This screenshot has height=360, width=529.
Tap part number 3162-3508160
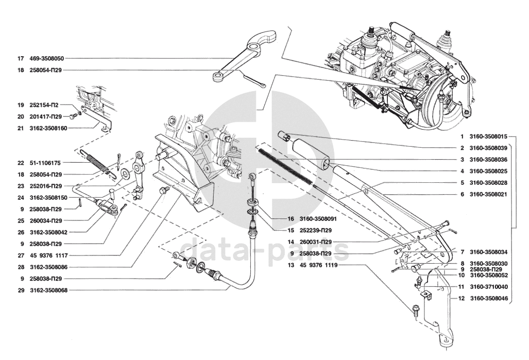(x=46, y=128)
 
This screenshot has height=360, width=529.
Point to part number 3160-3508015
(x=489, y=137)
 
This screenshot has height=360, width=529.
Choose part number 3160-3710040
(x=489, y=286)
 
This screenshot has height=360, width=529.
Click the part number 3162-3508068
(x=46, y=290)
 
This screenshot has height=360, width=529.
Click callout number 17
(x=21, y=59)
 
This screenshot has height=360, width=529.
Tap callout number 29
(x=21, y=290)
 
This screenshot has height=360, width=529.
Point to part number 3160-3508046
(x=489, y=298)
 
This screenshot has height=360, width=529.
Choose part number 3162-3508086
(x=46, y=267)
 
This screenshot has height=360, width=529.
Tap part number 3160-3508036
(x=489, y=160)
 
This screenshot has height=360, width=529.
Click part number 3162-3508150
(x=46, y=197)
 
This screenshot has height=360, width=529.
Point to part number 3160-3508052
(x=489, y=275)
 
